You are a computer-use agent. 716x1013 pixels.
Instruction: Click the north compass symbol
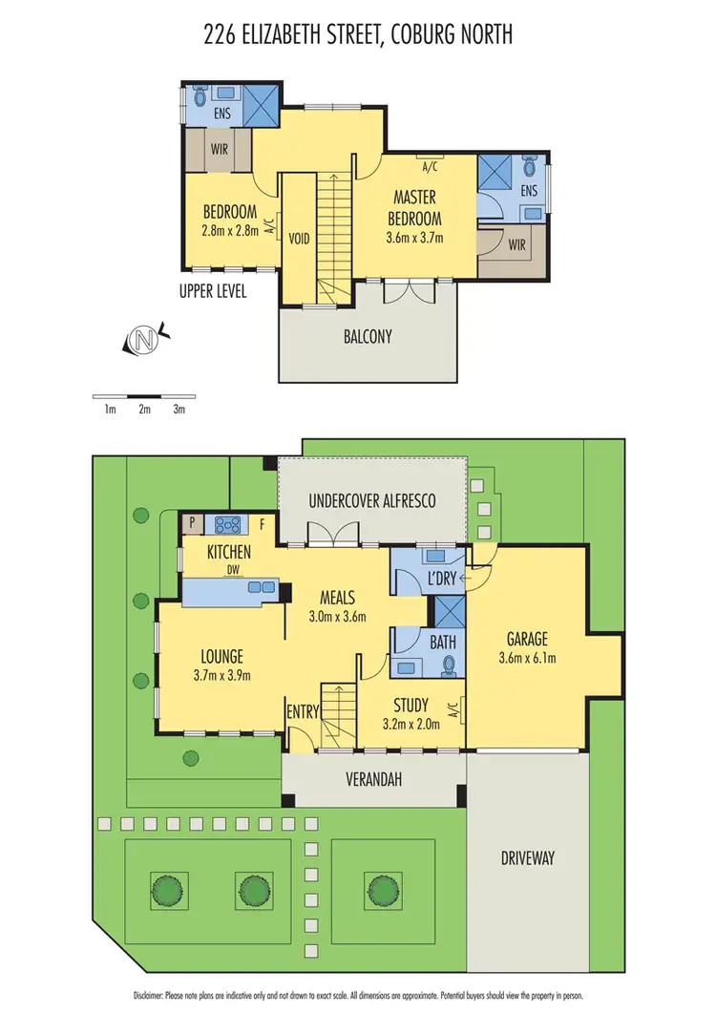(x=144, y=339)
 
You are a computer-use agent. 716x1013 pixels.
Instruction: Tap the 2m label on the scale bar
(x=144, y=410)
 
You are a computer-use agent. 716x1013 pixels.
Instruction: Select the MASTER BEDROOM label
(x=415, y=207)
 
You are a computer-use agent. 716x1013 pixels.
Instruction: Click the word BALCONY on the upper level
(x=368, y=336)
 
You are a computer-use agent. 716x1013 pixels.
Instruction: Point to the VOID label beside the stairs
(x=300, y=240)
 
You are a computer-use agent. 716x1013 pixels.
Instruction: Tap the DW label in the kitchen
(x=232, y=570)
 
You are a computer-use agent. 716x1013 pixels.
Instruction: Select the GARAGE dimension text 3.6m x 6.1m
(x=528, y=657)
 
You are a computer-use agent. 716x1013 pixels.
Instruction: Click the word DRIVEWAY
(x=528, y=857)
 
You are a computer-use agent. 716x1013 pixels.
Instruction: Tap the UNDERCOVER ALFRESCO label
(x=371, y=500)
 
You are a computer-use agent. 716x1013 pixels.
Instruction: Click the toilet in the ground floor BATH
(x=452, y=667)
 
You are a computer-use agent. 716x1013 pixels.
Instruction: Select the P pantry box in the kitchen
(x=192, y=522)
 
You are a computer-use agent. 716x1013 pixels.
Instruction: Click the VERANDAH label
(x=371, y=780)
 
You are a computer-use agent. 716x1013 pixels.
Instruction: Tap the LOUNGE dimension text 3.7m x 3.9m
(x=221, y=676)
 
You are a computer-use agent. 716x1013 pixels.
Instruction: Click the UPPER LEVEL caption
(x=212, y=292)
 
